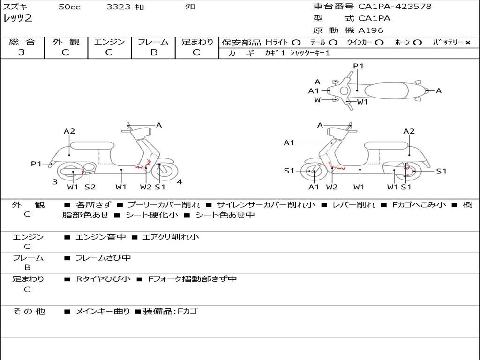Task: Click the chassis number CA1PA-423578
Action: pos(395,7)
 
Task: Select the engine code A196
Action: pos(371,30)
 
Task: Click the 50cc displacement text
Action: pos(69,7)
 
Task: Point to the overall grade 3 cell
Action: pos(22,52)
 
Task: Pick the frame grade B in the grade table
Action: pos(154,52)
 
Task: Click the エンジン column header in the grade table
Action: pos(109,42)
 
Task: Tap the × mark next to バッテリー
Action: pos(467,43)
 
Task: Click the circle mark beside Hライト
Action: pos(296,43)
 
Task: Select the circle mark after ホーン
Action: pos(417,43)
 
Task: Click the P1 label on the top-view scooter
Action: pos(358,66)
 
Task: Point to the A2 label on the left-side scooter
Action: pos(69,131)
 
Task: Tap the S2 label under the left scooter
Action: pos(90,187)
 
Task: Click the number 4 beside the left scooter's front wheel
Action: pos(180,182)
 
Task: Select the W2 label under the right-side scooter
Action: pos(332,187)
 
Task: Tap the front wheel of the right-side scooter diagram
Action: pos(313,172)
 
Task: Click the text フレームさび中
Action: pos(103,258)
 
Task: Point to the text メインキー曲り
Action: pos(103,311)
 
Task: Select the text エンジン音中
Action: pos(101,237)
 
